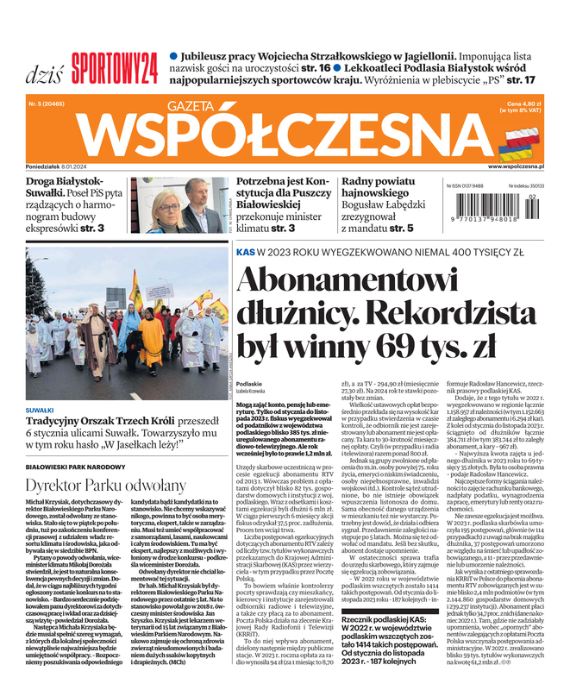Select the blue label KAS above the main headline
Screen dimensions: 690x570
click(244, 251)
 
